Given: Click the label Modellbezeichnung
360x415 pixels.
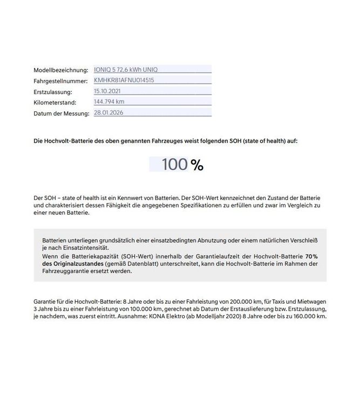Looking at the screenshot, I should pos(60,70).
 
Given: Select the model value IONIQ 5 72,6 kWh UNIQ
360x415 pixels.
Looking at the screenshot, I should pos(126,70).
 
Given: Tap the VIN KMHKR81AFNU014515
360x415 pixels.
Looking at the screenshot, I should pos(124,80).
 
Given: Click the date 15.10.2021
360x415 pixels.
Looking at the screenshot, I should pos(107,91).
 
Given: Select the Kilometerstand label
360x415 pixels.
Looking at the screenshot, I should pos(55,103).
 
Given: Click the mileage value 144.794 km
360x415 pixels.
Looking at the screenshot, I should pos(110,102).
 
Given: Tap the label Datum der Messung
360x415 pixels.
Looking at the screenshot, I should pos(60,113).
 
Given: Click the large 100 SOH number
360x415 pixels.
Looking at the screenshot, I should pos(174,165).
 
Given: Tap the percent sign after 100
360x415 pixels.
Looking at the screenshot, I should pos(197,165).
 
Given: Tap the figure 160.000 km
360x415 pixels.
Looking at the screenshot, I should pos(310,316).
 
